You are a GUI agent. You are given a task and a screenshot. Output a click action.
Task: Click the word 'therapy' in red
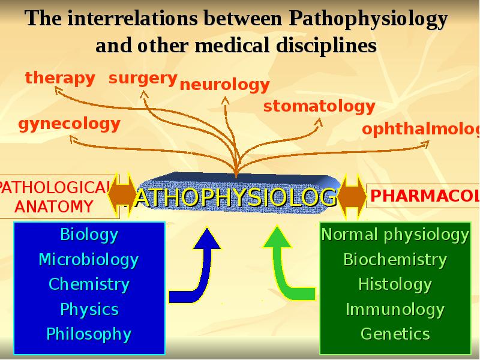60,78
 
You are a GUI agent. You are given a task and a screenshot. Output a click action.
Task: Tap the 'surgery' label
143,78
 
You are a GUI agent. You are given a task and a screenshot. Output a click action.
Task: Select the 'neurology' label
224,85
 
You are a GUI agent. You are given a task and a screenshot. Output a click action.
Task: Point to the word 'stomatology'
319,107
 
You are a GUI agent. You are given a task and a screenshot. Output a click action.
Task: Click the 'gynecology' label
70,124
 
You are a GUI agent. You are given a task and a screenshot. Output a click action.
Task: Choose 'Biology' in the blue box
89,234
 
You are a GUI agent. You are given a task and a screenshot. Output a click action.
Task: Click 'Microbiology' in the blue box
89,260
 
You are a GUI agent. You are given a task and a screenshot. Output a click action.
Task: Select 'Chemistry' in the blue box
89,284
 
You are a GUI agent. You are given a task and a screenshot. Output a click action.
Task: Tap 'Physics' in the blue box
89,309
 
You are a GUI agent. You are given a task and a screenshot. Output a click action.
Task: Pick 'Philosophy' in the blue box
89,334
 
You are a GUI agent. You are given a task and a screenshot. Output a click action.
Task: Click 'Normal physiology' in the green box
395,234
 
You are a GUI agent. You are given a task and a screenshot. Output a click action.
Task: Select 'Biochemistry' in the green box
395,260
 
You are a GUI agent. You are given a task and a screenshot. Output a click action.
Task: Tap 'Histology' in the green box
395,284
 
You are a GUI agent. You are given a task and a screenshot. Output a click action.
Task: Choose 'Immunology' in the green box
395,310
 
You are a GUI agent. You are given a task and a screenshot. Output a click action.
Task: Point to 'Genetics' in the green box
395,334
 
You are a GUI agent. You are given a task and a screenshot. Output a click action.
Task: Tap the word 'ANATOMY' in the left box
54,206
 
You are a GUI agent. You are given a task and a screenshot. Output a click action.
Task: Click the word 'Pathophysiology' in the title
368,20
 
